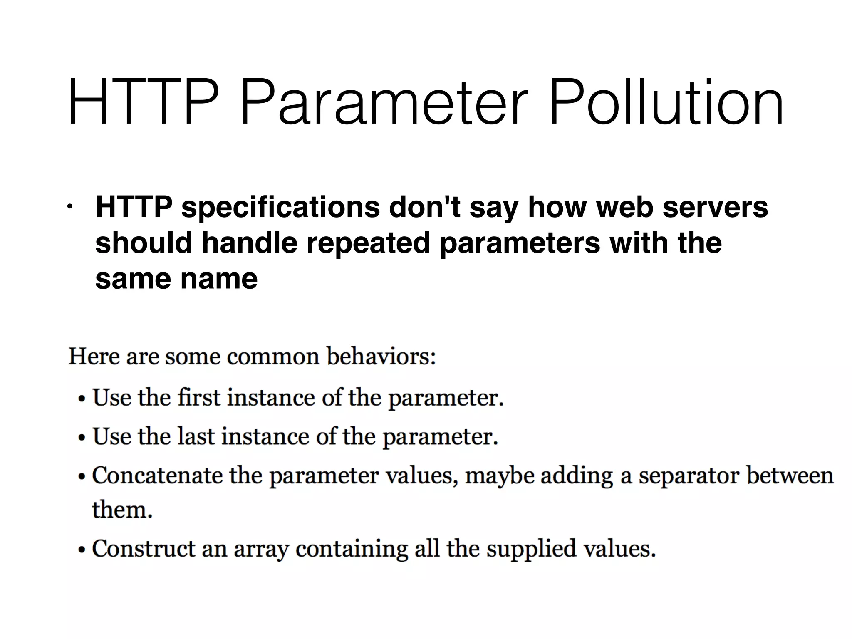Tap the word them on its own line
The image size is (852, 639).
(122, 509)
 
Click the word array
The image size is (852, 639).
(261, 549)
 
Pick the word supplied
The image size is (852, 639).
(531, 549)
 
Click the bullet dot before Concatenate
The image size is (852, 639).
(82, 477)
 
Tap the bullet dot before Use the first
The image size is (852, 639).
(82, 399)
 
